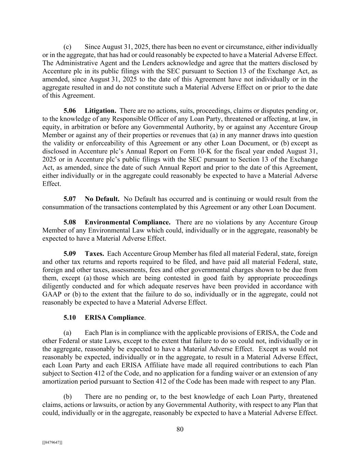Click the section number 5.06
coord(70,111)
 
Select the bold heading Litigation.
coord(100,111)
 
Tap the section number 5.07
coord(70,199)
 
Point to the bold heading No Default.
coord(102,199)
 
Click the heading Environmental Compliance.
coord(128,222)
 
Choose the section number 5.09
coord(70,254)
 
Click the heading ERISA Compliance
coord(114,317)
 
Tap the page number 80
coord(180,429)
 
